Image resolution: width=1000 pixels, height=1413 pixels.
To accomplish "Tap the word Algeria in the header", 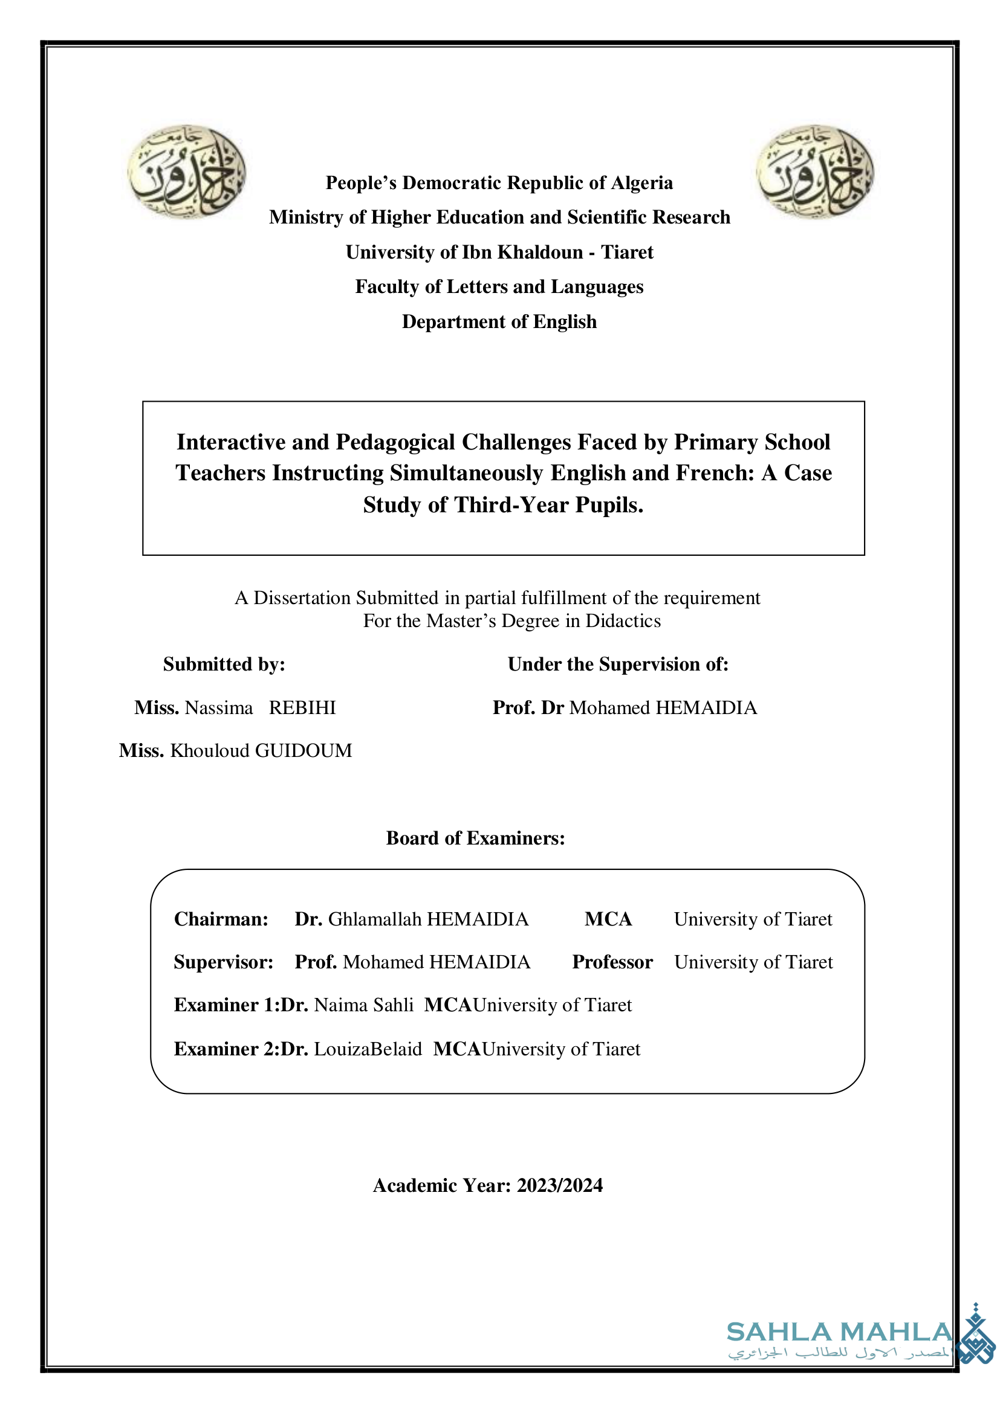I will click(641, 183).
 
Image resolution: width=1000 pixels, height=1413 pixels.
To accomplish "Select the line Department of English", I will click(499, 321).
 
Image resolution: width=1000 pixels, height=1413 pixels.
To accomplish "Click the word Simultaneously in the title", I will click(466, 472).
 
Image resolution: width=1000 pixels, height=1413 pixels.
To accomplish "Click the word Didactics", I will click(623, 620).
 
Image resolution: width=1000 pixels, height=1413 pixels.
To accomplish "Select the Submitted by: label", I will click(224, 664).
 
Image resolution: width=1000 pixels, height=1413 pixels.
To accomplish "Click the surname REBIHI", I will click(302, 708).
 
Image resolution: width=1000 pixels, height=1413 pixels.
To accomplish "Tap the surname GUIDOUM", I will click(303, 750).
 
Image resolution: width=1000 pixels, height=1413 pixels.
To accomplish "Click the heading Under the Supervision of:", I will click(618, 664).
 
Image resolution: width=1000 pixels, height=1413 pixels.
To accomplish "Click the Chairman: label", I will click(221, 919).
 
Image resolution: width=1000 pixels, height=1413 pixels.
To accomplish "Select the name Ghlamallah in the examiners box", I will click(374, 919).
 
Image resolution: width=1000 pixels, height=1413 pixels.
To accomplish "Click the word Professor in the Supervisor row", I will click(612, 962).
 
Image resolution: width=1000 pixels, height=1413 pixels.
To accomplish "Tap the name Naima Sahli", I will click(363, 1005).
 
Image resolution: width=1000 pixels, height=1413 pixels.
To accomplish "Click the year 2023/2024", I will click(559, 1185).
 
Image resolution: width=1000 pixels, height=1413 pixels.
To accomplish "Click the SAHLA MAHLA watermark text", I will click(839, 1333).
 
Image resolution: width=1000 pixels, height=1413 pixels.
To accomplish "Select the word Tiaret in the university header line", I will click(627, 253).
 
